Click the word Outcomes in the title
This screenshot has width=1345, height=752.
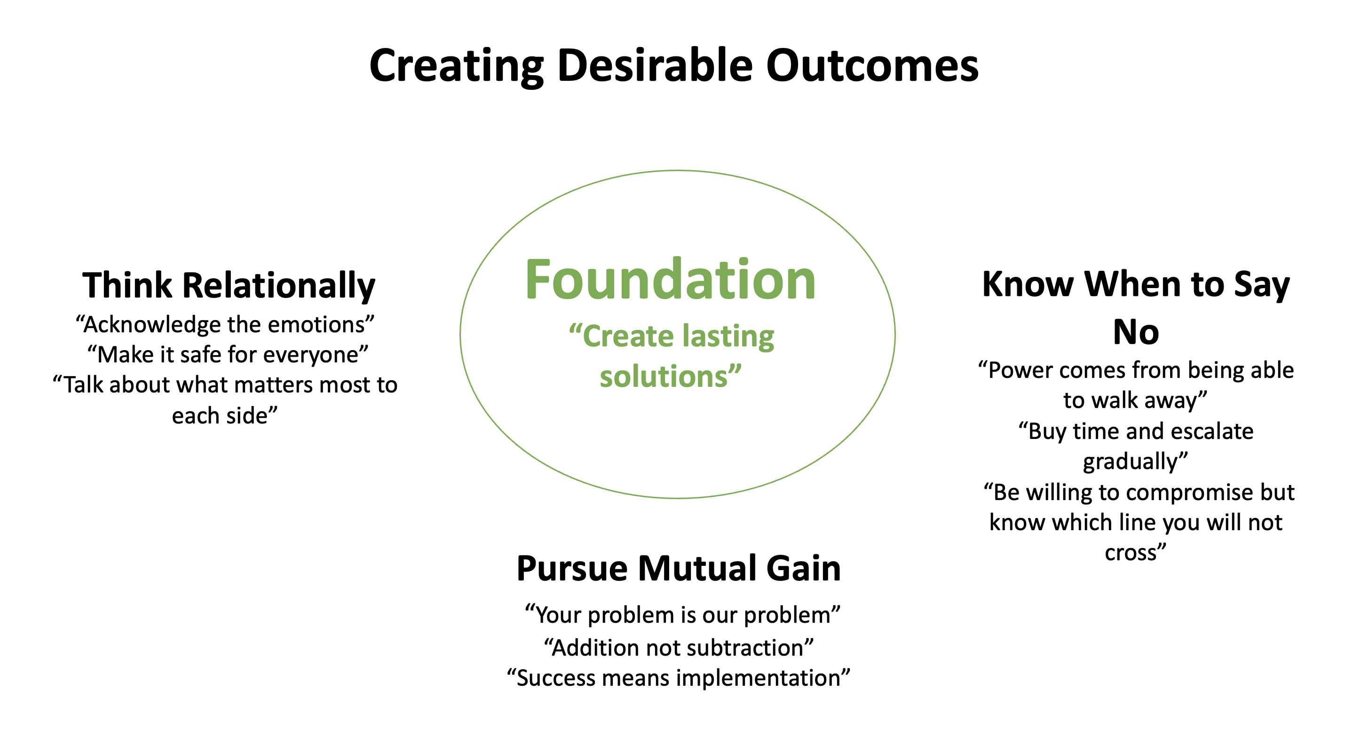pyautogui.click(x=872, y=66)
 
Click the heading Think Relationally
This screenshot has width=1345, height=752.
pyautogui.click(x=229, y=285)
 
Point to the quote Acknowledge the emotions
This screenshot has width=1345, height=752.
pyautogui.click(x=225, y=325)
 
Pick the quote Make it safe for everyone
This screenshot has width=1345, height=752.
pyautogui.click(x=228, y=354)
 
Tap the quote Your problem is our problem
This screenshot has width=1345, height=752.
pyautogui.click(x=682, y=615)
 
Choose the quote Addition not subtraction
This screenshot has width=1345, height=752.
pyautogui.click(x=679, y=648)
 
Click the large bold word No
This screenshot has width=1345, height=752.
pyautogui.click(x=1136, y=332)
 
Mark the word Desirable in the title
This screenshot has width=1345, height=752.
pyautogui.click(x=654, y=66)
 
